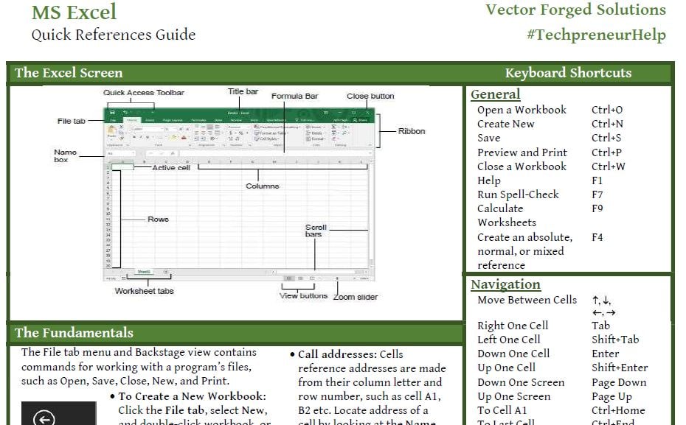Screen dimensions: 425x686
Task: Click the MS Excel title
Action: coord(74,13)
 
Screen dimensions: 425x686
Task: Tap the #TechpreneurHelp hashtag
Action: coord(596,35)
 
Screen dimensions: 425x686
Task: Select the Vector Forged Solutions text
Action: coord(575,10)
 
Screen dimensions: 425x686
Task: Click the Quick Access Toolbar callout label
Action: coord(143,93)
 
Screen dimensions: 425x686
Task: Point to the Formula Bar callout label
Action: coord(294,96)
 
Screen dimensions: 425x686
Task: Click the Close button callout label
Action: coord(370,96)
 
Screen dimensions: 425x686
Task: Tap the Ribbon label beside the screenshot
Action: coord(412,131)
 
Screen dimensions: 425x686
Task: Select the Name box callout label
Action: coord(65,155)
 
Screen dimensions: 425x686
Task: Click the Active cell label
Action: coord(170,168)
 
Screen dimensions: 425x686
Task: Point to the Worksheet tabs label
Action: coord(144,291)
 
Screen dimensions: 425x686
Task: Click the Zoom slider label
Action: coord(355,297)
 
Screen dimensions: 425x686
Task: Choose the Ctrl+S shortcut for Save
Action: coord(606,138)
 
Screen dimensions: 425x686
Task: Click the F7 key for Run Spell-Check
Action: coord(597,194)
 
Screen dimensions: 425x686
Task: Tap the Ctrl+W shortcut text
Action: coord(608,166)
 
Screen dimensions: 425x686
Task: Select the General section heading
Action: coord(495,94)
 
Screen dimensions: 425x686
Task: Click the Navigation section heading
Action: coord(505,284)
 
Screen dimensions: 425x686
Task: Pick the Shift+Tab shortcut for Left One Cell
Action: coord(615,340)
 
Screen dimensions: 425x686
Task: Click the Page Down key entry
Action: coord(618,382)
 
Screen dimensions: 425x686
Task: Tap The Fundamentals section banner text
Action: coord(74,333)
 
